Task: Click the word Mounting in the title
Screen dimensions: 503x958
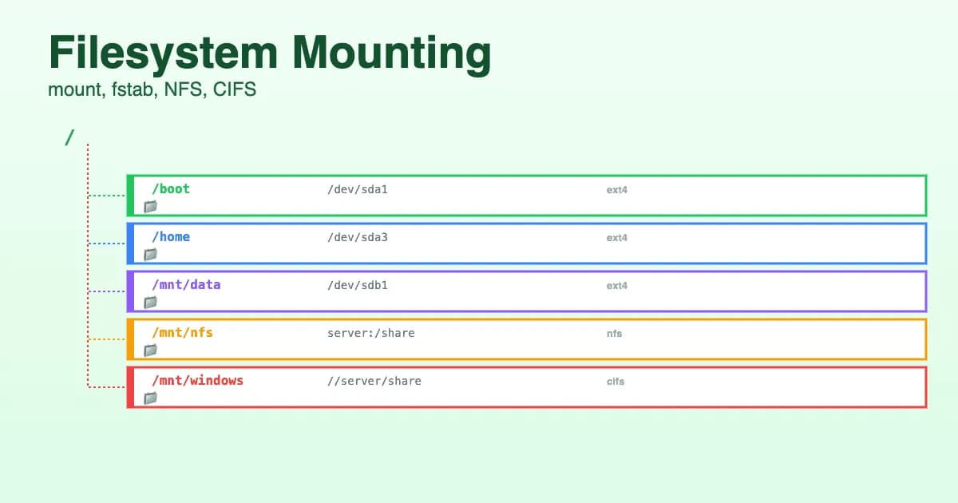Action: coord(391,54)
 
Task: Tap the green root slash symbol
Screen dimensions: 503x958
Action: coord(69,137)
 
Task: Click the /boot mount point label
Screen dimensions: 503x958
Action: coord(171,189)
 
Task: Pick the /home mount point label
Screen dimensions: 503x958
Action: coord(171,237)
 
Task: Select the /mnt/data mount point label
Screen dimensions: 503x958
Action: coord(186,285)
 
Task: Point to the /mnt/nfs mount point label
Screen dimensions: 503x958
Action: coord(182,333)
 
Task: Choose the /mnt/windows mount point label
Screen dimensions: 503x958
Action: coord(197,381)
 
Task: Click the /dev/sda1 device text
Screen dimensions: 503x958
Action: coord(357,190)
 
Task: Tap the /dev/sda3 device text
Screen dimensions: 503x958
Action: coord(357,238)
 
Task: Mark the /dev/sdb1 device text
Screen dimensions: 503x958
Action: coord(357,286)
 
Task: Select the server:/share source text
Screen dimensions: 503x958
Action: coord(370,334)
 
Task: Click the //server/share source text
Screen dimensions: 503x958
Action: coord(374,382)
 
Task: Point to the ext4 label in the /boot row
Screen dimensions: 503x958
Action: coord(616,190)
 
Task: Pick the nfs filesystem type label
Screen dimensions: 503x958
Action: coord(614,334)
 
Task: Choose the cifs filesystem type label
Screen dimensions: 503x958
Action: coord(615,382)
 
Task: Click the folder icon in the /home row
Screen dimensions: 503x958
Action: coord(150,255)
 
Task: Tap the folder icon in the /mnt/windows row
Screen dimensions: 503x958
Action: coord(150,398)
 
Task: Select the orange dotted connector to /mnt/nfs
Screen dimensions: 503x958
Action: coord(106,339)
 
